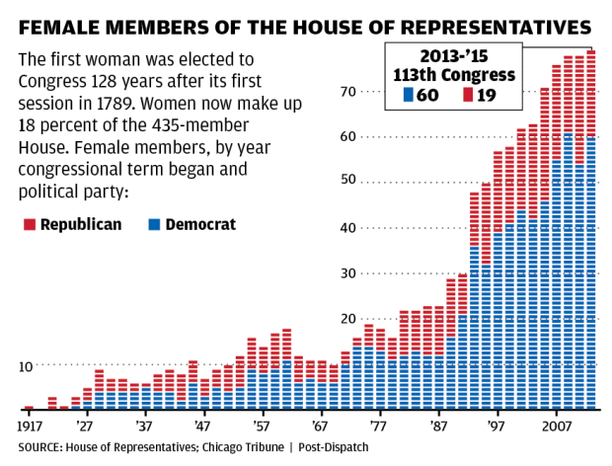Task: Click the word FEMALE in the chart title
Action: (61, 22)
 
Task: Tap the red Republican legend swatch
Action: (29, 225)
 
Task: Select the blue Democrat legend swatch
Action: (154, 225)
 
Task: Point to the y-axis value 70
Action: (374, 92)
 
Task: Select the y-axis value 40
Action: (374, 227)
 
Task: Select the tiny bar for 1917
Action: (29, 407)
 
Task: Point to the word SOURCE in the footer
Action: (36, 447)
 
